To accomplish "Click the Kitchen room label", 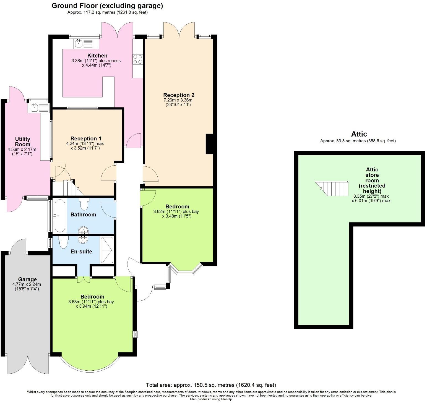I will tap(97, 56).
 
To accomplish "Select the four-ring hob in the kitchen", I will tap(138, 59).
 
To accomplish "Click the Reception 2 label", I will tap(179, 95).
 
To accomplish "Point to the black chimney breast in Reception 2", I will tap(209, 144).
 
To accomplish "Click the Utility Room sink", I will tap(35, 108).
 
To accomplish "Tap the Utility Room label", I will tap(22, 142).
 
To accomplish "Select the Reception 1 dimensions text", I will tap(85, 146).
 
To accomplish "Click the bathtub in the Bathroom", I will tap(60, 216).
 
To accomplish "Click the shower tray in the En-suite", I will tap(106, 250).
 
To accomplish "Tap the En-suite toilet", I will tap(64, 242).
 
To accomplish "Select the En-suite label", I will tap(81, 252).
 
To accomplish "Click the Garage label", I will tap(27, 279).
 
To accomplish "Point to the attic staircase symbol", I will tap(332, 188).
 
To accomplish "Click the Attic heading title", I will tap(359, 134).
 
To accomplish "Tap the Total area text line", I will tap(211, 385).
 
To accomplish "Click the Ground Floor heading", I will tap(107, 6).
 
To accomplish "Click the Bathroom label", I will tap(83, 214).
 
